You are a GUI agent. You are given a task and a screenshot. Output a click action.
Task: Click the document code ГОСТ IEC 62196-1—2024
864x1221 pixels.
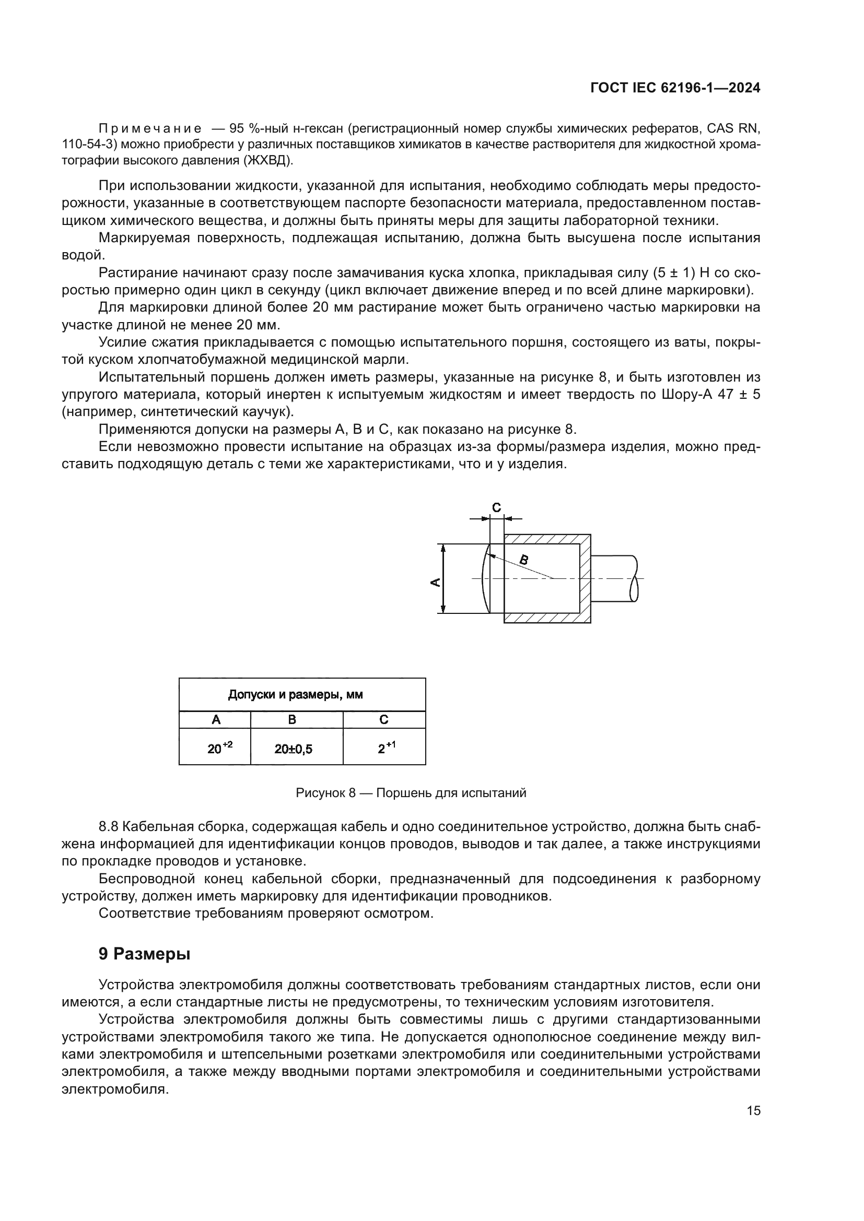(x=675, y=88)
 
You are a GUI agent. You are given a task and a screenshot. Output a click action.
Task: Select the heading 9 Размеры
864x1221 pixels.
(x=144, y=954)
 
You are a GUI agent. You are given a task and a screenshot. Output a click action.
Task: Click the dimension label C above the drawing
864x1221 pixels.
(x=496, y=508)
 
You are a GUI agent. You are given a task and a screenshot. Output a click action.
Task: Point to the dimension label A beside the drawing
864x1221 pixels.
(x=435, y=583)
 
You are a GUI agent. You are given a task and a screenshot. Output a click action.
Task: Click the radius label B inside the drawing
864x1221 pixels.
(x=524, y=560)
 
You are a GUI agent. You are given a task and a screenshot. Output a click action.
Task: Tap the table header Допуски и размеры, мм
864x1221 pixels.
(x=295, y=694)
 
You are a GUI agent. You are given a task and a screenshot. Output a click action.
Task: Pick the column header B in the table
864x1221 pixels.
(x=292, y=719)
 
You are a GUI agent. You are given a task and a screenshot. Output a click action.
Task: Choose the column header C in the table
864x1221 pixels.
(x=383, y=719)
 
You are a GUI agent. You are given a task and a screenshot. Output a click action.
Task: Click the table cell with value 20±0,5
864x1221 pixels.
(x=293, y=749)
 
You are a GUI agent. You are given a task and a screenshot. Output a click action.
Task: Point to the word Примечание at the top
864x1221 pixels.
(x=150, y=128)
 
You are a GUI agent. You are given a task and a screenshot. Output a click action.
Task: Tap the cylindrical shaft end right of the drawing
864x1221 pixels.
(x=614, y=578)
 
